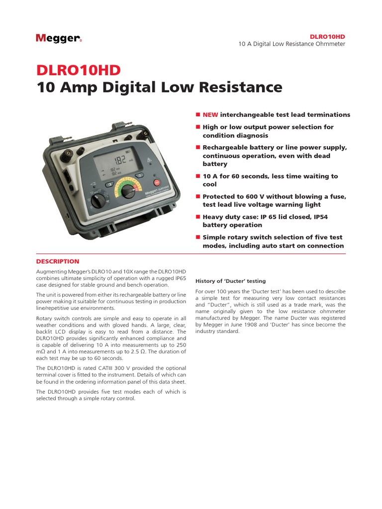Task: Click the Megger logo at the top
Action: coord(59,38)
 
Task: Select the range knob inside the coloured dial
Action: coord(128,191)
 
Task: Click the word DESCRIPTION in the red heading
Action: coord(58,261)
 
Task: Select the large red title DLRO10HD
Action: coord(78,70)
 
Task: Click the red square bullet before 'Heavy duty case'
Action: coord(197,217)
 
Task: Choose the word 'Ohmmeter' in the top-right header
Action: coord(329,44)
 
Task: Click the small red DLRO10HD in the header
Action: coord(327,37)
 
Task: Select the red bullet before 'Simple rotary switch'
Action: coord(197,237)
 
